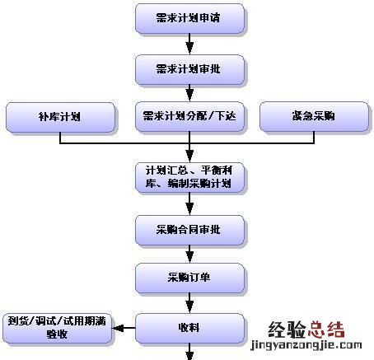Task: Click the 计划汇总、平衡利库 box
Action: point(190,176)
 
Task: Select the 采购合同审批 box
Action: point(190,228)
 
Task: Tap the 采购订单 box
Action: point(190,277)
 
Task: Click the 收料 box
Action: point(190,327)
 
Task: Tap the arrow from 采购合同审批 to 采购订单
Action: point(190,253)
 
